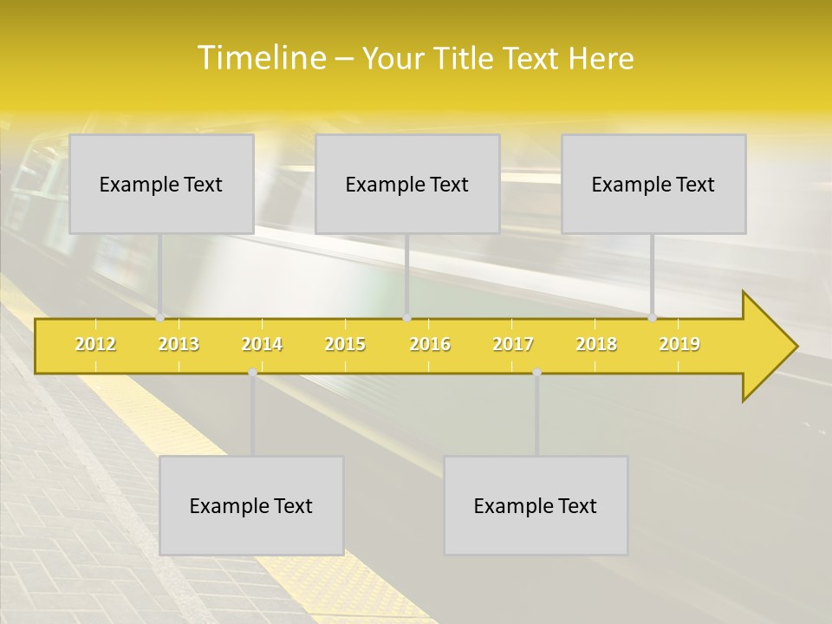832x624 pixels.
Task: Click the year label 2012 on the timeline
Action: coord(95,344)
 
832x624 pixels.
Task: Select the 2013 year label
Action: coord(179,344)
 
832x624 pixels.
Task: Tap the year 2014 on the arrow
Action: coord(262,344)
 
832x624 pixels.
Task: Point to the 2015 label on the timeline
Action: coord(345,344)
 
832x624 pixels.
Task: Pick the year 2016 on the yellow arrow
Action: coord(430,344)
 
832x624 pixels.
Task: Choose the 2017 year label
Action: coord(513,344)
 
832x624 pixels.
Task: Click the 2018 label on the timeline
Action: coord(596,344)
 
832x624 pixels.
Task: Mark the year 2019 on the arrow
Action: coord(679,344)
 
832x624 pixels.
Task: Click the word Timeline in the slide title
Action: coord(260,58)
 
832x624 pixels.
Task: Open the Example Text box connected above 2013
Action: coord(161,184)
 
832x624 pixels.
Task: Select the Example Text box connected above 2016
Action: coord(407,184)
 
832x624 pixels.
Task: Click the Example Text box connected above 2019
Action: coord(653,184)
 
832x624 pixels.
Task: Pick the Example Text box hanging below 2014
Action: coord(251,505)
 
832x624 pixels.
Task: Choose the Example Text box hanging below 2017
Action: coord(536,505)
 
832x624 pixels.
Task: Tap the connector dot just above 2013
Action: coord(160,317)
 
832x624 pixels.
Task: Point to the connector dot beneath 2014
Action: coord(252,373)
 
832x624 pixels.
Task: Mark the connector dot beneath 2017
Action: coord(536,373)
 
